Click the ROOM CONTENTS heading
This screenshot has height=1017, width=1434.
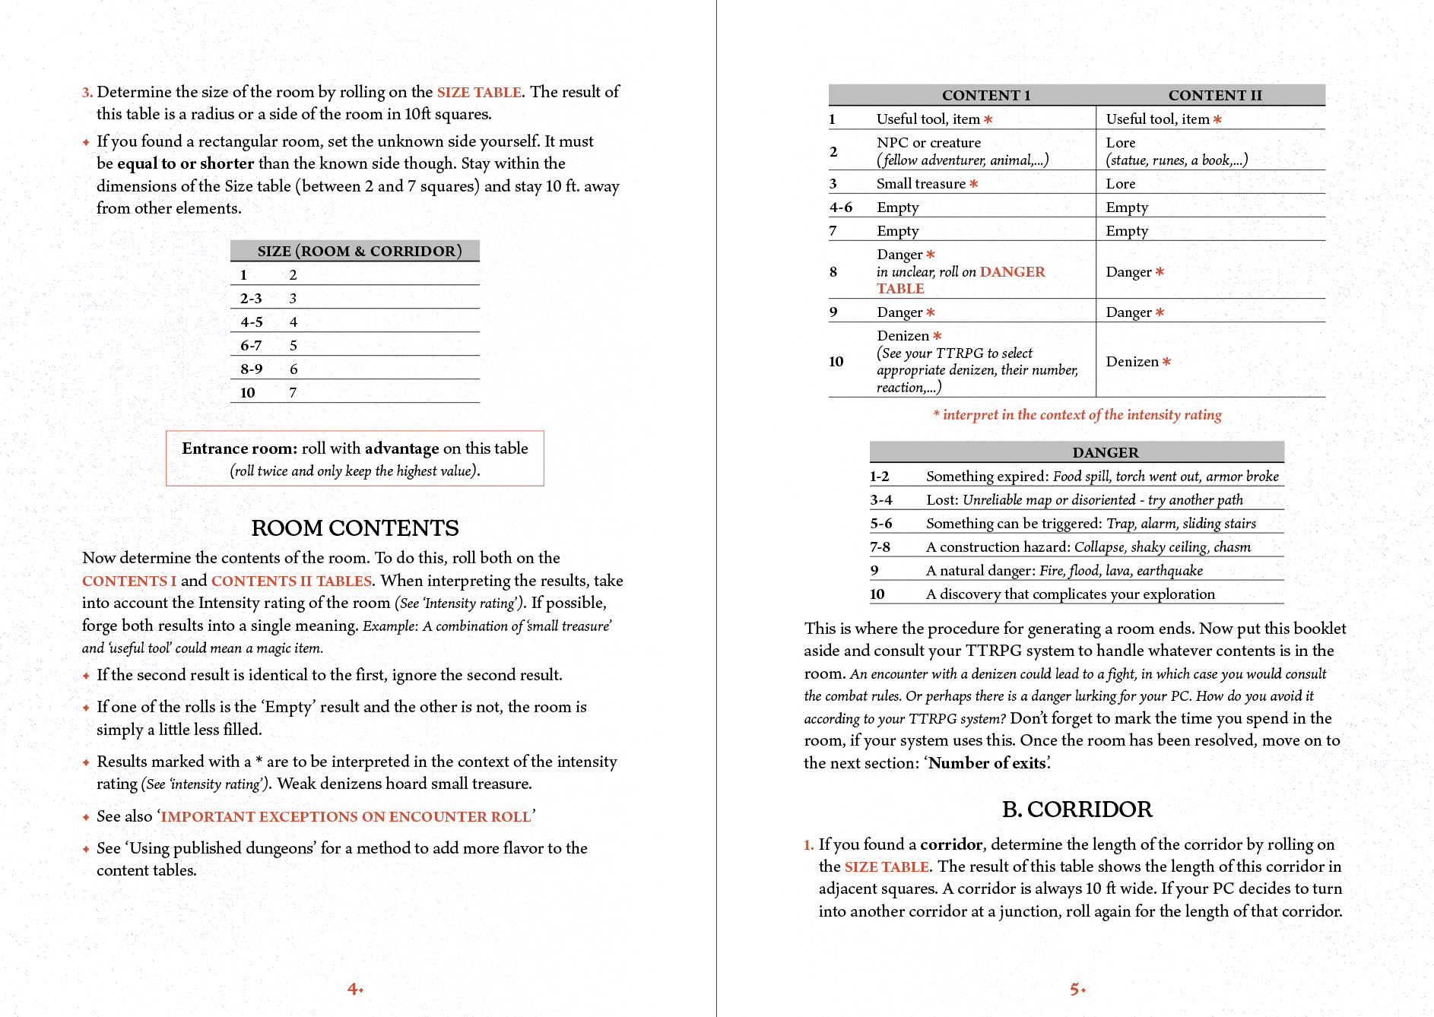click(355, 528)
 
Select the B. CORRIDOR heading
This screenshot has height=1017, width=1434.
click(1077, 809)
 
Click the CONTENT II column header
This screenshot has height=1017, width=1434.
click(1214, 95)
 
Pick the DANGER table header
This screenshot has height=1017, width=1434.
click(1105, 452)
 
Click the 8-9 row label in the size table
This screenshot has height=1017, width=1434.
click(252, 369)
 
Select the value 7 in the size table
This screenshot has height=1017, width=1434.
click(293, 392)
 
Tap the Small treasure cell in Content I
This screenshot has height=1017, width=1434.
click(921, 183)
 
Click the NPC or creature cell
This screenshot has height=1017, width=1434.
click(928, 142)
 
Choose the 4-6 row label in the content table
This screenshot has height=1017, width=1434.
click(841, 207)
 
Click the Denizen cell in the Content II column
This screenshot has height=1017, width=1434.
click(1132, 362)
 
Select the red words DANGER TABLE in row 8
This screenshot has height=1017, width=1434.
click(961, 280)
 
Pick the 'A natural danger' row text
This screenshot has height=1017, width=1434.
click(1064, 570)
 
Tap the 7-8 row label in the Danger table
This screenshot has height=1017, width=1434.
click(880, 547)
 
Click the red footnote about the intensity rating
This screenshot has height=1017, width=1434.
click(1077, 414)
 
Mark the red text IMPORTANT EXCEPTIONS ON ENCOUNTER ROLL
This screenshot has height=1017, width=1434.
click(345, 816)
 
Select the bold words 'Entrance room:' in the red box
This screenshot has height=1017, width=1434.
click(239, 448)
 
